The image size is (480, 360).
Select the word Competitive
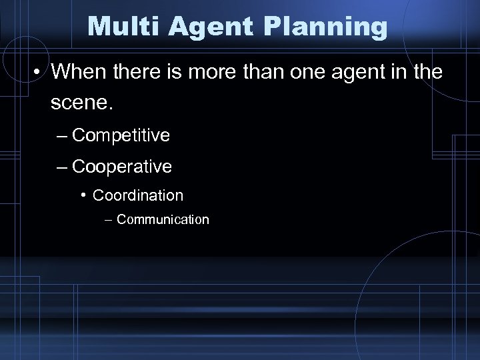click(x=121, y=136)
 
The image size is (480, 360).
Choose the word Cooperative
click(x=122, y=167)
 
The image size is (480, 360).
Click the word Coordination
click(x=138, y=195)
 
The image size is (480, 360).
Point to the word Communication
click(x=163, y=219)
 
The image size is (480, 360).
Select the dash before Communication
click(x=109, y=219)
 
